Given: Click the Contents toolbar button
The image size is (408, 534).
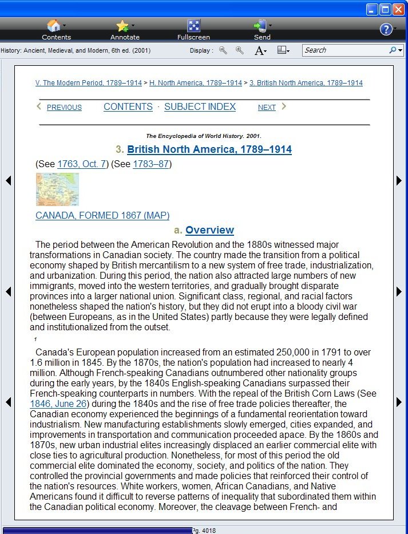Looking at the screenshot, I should coord(56,29).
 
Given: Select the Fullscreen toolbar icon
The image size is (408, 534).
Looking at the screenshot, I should coord(193,29).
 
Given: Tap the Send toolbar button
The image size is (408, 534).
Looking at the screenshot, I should coord(262,29).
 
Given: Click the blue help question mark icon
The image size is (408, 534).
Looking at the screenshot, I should coord(386,29).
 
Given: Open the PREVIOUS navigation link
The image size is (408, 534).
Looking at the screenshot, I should coord(64,108).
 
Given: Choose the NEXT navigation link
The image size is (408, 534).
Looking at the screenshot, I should coord(267,108).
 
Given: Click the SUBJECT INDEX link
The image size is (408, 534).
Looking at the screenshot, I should coord(200,107).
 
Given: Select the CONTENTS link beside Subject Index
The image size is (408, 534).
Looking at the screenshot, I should coord(128,107).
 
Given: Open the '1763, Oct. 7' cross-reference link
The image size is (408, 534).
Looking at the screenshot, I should coord(82,164).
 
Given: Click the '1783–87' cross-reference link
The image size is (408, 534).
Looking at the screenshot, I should coord(152,164).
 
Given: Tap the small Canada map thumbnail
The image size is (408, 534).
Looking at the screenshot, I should coord(57,189).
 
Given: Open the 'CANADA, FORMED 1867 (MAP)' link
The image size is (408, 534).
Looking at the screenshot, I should coord(102,216).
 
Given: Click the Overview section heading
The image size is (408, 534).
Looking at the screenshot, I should coord(209,230).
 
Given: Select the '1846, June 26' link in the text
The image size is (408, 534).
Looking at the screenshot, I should coord(58,404).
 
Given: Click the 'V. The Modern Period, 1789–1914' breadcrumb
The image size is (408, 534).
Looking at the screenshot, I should coord(88,83).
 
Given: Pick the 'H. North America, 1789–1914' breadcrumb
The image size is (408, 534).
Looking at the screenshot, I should coord(196,83).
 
